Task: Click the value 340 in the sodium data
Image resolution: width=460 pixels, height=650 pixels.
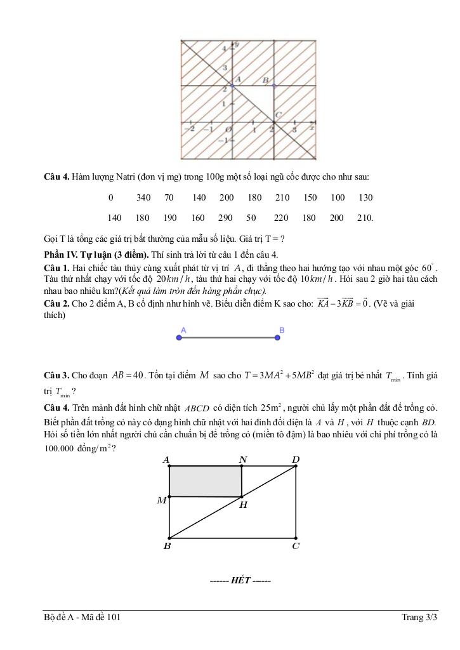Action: [143, 197]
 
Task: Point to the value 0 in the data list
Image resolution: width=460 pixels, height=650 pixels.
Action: [111, 197]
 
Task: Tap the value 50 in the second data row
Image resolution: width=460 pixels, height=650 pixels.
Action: [251, 218]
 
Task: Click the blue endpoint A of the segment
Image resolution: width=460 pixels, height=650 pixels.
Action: [179, 338]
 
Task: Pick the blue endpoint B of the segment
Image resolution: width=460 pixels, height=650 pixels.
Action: [278, 338]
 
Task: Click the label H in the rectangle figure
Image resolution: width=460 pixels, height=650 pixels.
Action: [244, 505]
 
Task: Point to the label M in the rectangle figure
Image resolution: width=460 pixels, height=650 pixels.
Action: [162, 501]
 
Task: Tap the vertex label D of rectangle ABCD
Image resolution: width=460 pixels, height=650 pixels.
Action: [296, 459]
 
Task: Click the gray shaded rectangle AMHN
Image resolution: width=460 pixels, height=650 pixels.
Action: [206, 481]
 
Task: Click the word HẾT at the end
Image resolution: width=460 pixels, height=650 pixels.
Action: [241, 580]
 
